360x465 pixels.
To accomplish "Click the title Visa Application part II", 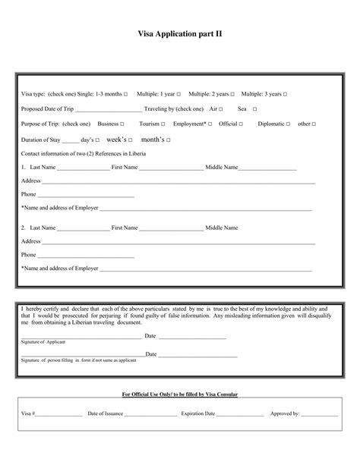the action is point(179,34).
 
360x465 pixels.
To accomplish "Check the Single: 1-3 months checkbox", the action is point(126,94).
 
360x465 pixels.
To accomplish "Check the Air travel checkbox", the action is point(222,109).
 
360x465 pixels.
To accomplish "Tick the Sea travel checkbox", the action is point(254,109).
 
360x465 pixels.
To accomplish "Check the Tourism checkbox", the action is point(163,124).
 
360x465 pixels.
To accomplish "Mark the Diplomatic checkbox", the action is point(289,124).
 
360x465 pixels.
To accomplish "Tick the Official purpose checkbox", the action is point(242,124).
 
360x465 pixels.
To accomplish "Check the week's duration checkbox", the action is point(131,140).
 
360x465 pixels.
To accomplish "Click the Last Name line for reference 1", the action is point(84,168).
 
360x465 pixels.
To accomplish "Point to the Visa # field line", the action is point(59,416).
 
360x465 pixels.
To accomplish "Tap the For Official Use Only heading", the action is point(179,394).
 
